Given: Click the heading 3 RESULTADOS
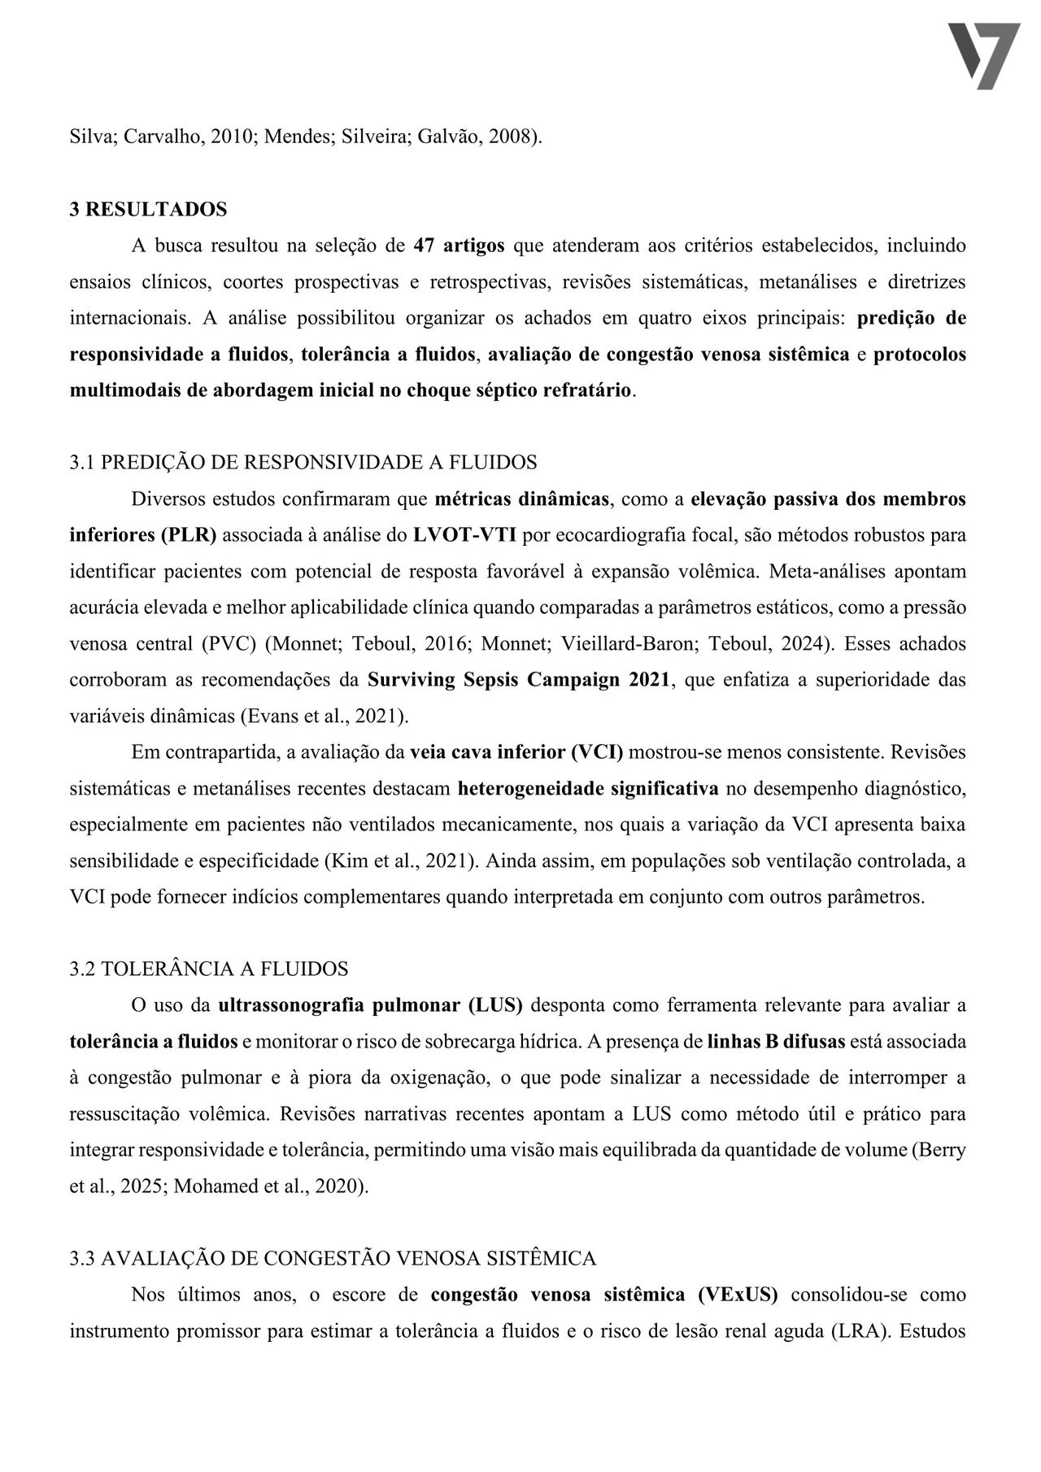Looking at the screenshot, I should [148, 209].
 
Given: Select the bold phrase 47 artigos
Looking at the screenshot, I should [460, 245].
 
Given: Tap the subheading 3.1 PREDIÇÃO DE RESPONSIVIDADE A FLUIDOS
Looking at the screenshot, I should [303, 462].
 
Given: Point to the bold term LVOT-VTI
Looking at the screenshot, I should [465, 535].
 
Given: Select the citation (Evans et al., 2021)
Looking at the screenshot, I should [324, 716].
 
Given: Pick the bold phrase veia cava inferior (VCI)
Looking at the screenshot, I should [516, 752].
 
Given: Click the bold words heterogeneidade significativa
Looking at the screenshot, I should [588, 788].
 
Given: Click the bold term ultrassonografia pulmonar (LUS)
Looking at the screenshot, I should [370, 1005].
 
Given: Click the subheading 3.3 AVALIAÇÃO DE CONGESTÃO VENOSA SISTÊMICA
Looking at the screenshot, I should [333, 1258].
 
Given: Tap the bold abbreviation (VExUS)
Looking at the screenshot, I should [738, 1295].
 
